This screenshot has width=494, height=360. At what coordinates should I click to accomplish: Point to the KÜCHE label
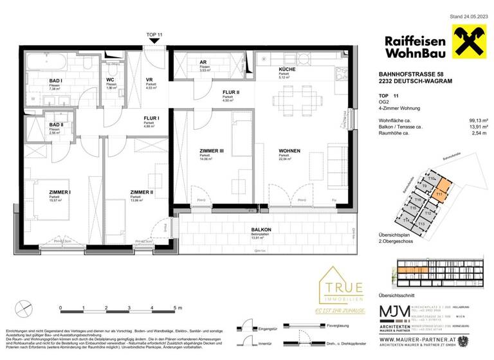coord(287,69)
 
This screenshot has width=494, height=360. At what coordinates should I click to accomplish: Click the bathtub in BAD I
coord(44,63)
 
